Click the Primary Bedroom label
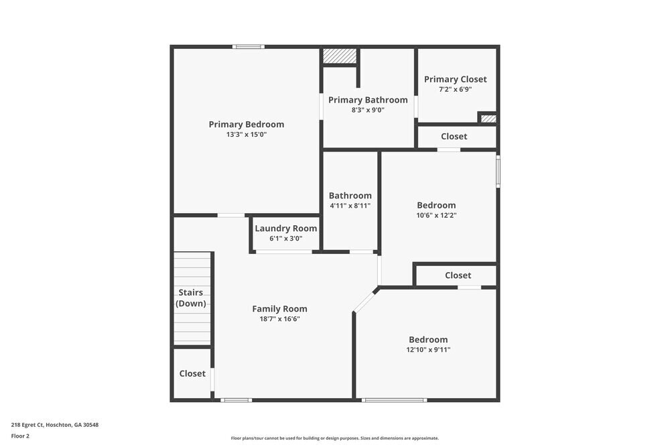click(246, 124)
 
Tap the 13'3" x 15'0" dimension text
click(246, 135)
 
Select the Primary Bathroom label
click(368, 100)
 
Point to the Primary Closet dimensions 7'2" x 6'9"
click(456, 89)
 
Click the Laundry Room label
click(286, 229)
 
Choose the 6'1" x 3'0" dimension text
click(286, 239)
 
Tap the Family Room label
click(279, 309)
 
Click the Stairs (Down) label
click(191, 298)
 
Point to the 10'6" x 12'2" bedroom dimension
click(436, 216)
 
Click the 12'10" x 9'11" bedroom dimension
click(428, 350)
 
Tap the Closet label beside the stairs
click(192, 373)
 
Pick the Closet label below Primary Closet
click(454, 137)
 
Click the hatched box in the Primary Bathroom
click(339, 56)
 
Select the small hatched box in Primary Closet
click(488, 119)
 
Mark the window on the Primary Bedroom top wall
click(249, 47)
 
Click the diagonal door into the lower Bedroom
click(365, 301)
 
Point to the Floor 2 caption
click(20, 436)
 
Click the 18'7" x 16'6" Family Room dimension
click(279, 319)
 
